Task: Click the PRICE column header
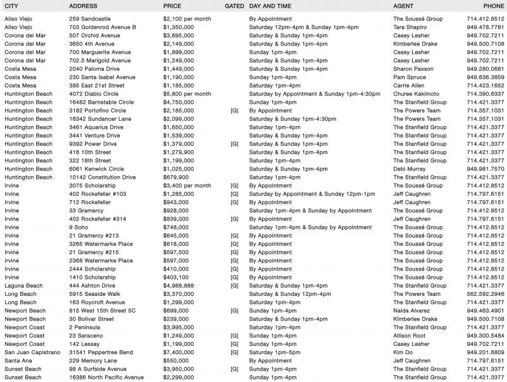pos(172,5)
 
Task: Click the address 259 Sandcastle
pos(89,19)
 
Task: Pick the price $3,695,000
pos(179,35)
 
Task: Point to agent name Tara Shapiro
pos(411,27)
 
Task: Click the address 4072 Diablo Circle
pos(94,94)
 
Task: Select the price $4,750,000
pos(179,102)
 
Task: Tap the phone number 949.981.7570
pos(485,169)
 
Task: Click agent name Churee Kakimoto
pos(417,94)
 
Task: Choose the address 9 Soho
pos(79,227)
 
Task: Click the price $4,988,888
pos(179,286)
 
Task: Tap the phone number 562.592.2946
pos(485,294)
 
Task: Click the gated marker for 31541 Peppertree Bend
pos(234,352)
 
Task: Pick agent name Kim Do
pos(403,352)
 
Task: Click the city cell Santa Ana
pos(18,360)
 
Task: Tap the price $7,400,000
pos(179,352)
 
